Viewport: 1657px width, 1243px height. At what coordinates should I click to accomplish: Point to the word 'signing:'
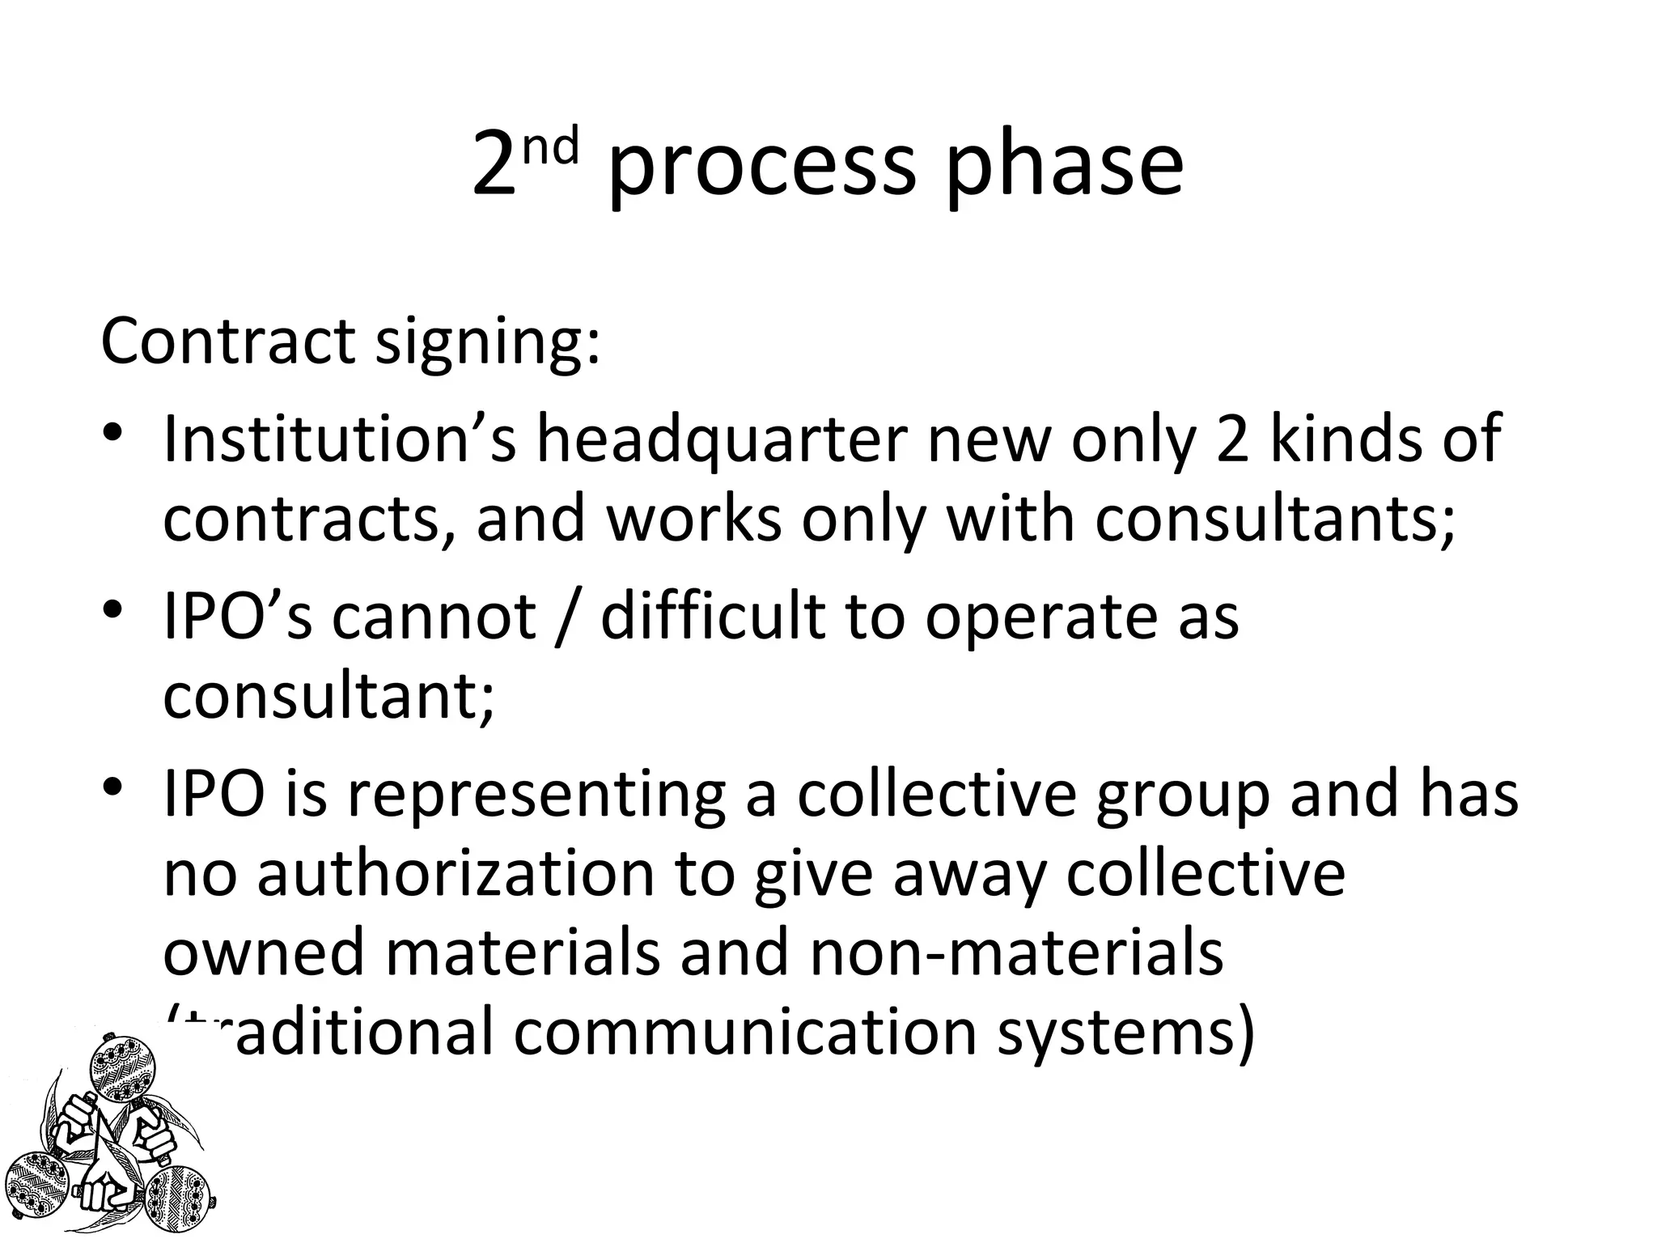pos(489,344)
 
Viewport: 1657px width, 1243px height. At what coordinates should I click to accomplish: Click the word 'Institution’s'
pos(340,438)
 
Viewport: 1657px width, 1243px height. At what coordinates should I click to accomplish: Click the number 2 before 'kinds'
pos(1233,438)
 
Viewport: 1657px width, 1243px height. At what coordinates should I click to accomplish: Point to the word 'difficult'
pos(713,616)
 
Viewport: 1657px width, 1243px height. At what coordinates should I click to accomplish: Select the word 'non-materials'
pos(1015,952)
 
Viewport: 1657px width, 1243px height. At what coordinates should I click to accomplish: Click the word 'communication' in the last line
pos(745,1032)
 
